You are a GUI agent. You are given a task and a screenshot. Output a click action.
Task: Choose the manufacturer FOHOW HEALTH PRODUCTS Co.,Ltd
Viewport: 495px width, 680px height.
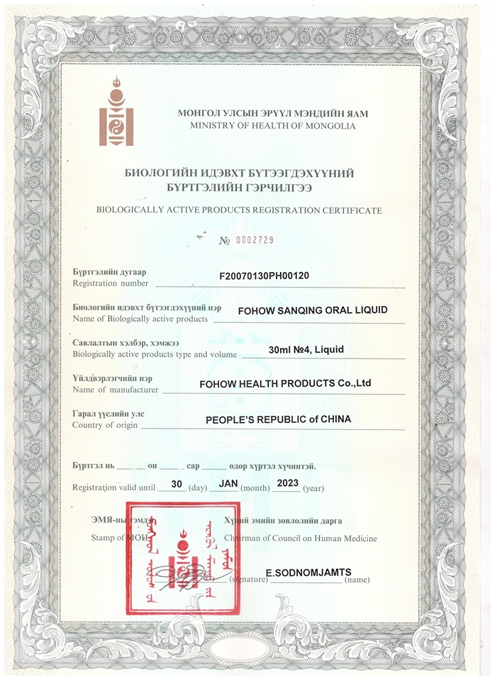point(286,383)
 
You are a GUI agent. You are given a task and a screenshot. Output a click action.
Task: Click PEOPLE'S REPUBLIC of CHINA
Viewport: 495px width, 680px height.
point(278,419)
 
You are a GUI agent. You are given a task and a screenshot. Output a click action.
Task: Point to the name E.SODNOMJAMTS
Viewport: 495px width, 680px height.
point(308,571)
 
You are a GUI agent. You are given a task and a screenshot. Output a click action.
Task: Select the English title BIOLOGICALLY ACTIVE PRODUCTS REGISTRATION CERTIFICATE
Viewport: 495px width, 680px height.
point(239,210)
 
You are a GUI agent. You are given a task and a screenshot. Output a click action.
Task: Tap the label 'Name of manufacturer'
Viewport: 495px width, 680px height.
point(116,389)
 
